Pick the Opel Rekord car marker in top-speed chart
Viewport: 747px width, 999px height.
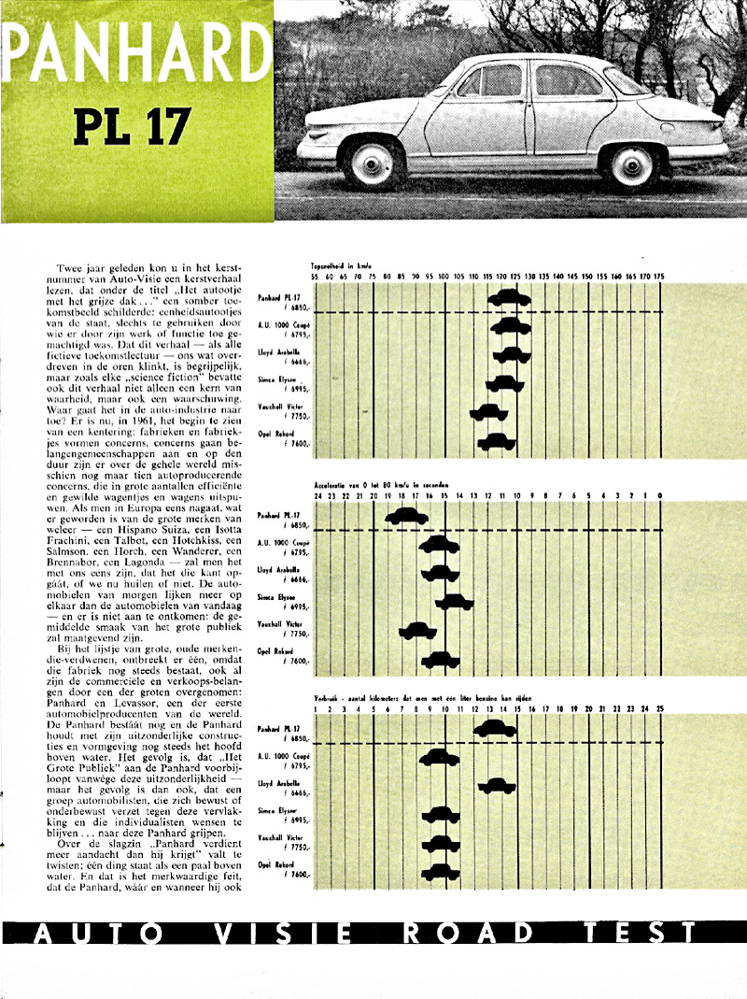497,440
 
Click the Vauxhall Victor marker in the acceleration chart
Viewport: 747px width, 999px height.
417,631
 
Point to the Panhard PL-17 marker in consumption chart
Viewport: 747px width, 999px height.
497,728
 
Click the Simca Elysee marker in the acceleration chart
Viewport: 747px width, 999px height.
455,602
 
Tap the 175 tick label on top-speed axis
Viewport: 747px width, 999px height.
659,277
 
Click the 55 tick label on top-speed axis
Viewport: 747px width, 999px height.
316,277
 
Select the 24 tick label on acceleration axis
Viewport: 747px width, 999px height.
317,495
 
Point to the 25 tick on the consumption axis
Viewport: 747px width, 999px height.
660,710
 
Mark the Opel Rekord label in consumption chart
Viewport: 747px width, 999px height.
278,865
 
